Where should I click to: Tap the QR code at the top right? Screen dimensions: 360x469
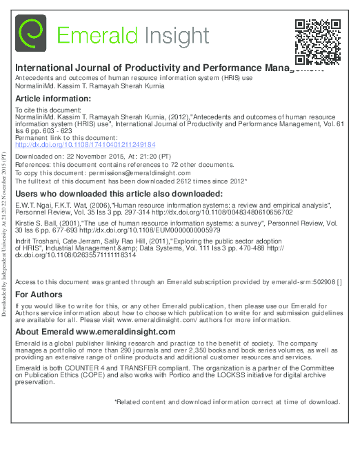(319, 40)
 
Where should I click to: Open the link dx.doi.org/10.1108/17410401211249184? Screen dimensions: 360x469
(85, 145)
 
